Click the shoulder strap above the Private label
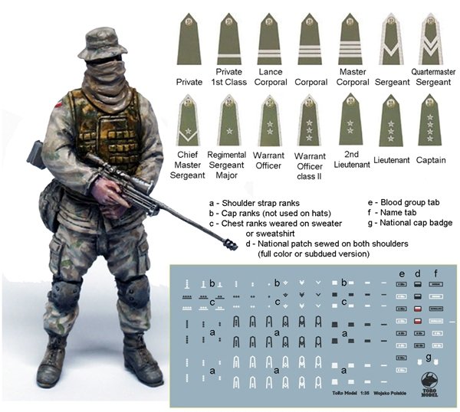[x=189, y=41]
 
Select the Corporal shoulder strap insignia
[x=310, y=41]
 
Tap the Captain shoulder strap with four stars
[x=431, y=119]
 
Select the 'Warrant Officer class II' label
[x=310, y=165]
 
